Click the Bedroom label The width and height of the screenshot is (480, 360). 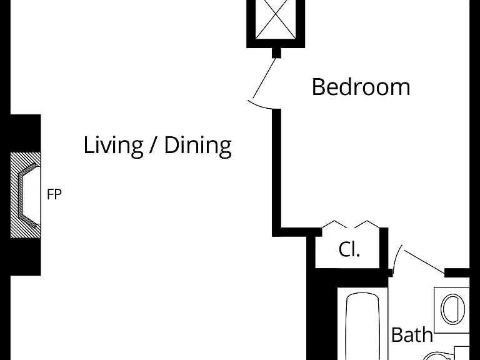tap(361, 87)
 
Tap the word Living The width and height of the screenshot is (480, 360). tap(113, 146)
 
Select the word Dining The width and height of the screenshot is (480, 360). tap(197, 146)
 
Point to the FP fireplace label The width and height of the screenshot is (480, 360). tap(54, 194)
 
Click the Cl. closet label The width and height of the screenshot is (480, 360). tap(349, 249)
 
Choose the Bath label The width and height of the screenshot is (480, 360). tap(412, 334)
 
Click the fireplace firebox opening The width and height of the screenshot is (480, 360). tap(30, 195)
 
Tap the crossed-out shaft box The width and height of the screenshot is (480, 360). tap(276, 20)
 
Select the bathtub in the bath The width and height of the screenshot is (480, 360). tap(362, 326)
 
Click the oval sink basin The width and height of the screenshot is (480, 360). tap(452, 309)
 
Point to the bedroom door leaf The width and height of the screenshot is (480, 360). tap(265, 77)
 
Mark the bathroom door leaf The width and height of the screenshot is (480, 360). tap(425, 261)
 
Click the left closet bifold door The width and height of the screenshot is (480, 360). tap(334, 224)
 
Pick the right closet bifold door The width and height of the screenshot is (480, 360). tap(367, 224)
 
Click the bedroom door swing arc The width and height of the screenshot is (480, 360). tap(260, 105)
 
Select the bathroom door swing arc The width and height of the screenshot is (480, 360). tap(397, 258)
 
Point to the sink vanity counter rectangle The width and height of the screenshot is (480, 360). tap(451, 310)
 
